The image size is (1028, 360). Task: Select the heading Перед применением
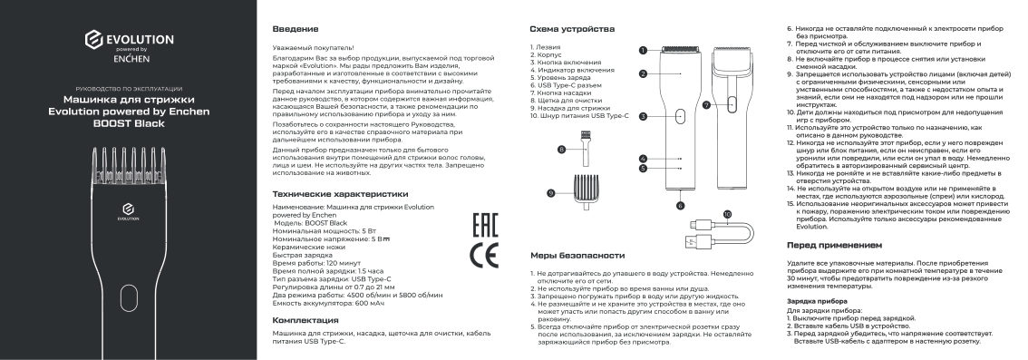click(x=833, y=246)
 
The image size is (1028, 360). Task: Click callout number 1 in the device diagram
click(x=642, y=51)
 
